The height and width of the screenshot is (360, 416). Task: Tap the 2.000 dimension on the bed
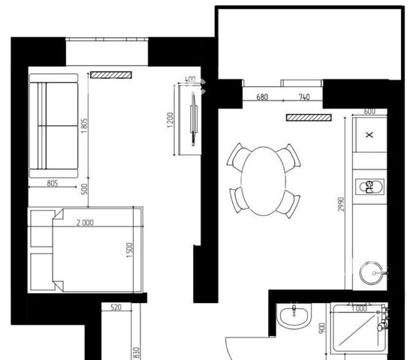85,223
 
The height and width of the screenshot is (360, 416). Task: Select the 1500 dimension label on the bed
129,250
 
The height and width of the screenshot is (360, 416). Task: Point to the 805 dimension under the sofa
53,183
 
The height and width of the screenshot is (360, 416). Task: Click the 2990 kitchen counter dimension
341,204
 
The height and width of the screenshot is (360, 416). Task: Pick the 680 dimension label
262,97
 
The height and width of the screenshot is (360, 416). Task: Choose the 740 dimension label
304,97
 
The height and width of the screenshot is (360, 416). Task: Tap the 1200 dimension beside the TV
170,120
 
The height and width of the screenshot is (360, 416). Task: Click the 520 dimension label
116,307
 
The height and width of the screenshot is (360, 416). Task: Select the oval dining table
264,181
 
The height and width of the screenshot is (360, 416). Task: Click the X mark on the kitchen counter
369,135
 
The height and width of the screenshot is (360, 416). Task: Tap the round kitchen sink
372,273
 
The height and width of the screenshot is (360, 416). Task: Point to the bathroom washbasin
294,316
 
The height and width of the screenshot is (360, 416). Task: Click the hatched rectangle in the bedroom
111,75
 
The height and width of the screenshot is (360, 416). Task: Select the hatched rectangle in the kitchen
309,117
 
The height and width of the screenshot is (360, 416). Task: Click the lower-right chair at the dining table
288,203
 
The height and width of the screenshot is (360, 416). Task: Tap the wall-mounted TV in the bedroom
194,118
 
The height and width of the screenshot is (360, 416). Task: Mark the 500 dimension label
84,189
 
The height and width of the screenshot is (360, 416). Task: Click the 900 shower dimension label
322,328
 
